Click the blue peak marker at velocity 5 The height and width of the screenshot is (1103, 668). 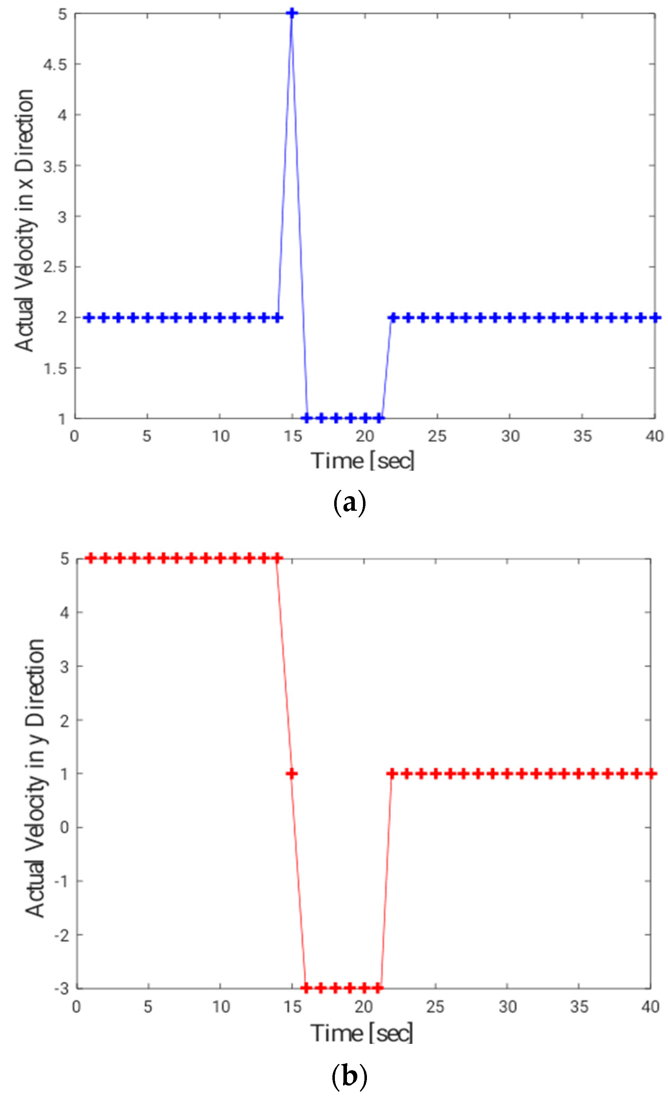pyautogui.click(x=292, y=14)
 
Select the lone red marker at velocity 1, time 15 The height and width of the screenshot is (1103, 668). pyautogui.click(x=292, y=773)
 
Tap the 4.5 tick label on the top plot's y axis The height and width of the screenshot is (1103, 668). pyautogui.click(x=54, y=64)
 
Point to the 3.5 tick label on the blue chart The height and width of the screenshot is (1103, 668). pyautogui.click(x=54, y=166)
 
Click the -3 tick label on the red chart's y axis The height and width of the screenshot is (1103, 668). pyautogui.click(x=61, y=988)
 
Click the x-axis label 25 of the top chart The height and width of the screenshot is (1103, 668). pyautogui.click(x=437, y=436)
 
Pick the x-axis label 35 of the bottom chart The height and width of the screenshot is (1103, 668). pyautogui.click(x=579, y=1007)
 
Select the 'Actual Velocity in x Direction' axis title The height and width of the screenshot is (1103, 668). pyautogui.click(x=24, y=220)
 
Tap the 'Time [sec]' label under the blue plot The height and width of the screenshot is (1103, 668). pyautogui.click(x=363, y=461)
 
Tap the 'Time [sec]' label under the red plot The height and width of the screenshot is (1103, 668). pyautogui.click(x=362, y=1034)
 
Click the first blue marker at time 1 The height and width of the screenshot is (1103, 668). pyautogui.click(x=89, y=318)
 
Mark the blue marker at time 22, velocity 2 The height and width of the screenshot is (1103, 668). pyautogui.click(x=393, y=318)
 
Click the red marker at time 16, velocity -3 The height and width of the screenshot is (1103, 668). pyautogui.click(x=306, y=988)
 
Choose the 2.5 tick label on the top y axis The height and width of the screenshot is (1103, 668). pyautogui.click(x=54, y=267)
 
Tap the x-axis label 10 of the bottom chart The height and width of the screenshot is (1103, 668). pyautogui.click(x=220, y=1007)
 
